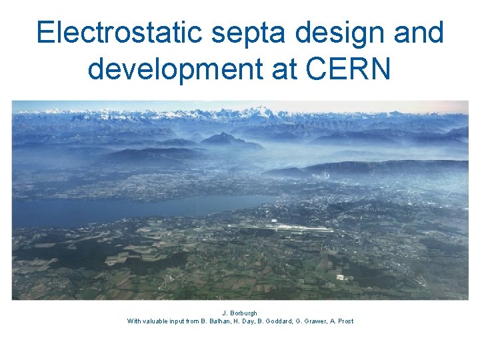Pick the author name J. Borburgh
click(240, 313)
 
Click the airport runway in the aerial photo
click(280, 228)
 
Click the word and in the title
click(421, 33)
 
